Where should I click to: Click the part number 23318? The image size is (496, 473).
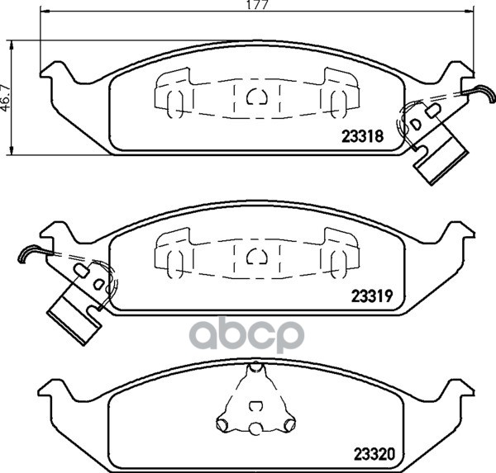point(362,136)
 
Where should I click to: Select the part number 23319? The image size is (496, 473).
point(372,296)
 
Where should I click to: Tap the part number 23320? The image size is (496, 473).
point(374,454)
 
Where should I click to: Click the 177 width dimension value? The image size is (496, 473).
point(257,5)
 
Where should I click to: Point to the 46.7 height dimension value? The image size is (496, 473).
point(6,98)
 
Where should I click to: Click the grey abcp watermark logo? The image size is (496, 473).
point(246,336)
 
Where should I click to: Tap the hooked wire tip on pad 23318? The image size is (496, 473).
point(484,93)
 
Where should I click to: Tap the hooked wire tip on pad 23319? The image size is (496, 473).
point(28,253)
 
